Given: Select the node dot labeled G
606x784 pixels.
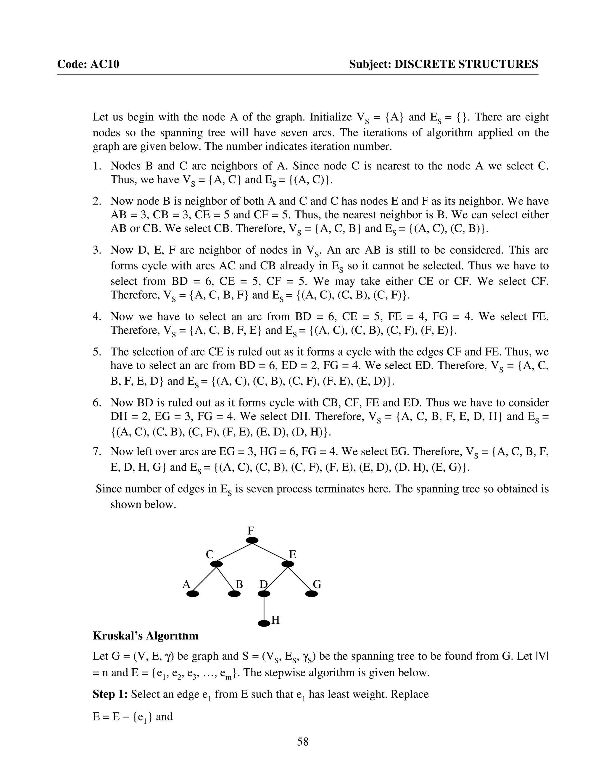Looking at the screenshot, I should (x=311, y=594).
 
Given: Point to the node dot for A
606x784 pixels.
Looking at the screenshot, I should (x=193, y=594).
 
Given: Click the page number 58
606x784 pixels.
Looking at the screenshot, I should (x=303, y=741).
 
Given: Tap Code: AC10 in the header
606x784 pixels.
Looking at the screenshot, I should (x=88, y=64).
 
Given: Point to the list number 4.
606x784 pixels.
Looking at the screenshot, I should (x=96, y=316).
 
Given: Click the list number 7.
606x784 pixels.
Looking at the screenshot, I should (x=96, y=451).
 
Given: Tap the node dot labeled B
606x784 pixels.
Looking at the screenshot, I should (x=234, y=594).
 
